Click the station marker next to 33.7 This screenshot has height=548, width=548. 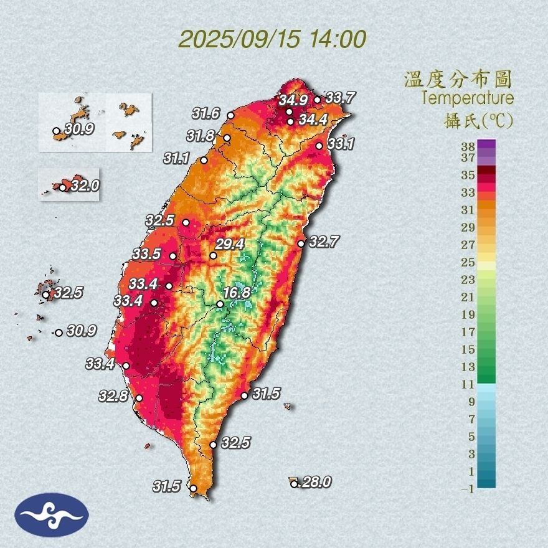click(x=317, y=100)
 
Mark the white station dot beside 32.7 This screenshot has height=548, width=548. click(x=301, y=243)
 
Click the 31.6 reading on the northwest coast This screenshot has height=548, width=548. click(x=205, y=113)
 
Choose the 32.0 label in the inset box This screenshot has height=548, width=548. click(x=85, y=186)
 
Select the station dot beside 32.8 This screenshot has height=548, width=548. click(x=139, y=398)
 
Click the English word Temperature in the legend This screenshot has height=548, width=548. click(x=467, y=98)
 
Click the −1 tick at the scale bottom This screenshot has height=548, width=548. click(x=468, y=489)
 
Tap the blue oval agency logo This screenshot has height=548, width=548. click(x=52, y=515)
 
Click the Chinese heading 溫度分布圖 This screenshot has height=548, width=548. click(x=458, y=79)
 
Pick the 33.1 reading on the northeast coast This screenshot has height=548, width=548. click(x=341, y=144)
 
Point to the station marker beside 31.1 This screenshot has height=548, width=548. click(x=204, y=161)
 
